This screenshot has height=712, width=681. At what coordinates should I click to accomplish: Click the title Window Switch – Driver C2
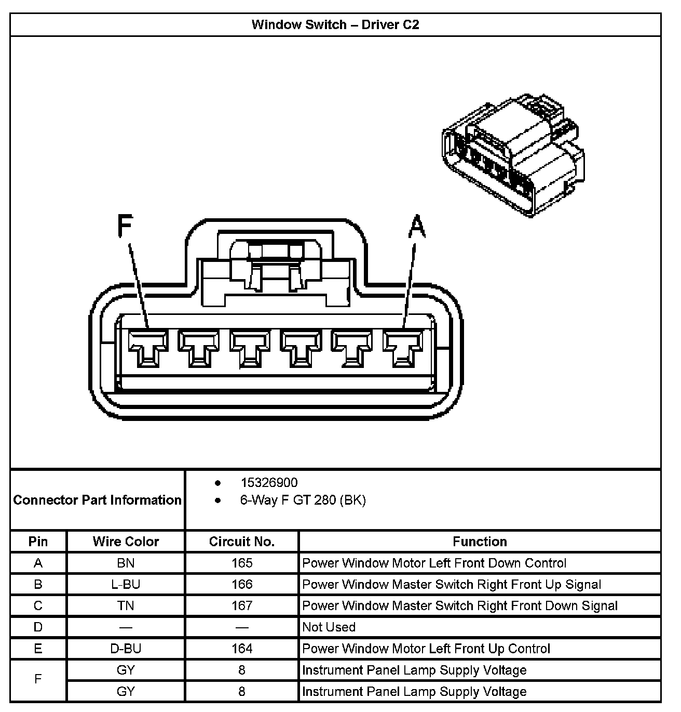point(335,24)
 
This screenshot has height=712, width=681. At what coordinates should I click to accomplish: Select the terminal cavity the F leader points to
point(148,347)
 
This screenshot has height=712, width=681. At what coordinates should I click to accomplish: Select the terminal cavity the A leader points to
point(402,347)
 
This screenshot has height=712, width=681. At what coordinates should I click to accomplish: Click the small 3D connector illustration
point(513,155)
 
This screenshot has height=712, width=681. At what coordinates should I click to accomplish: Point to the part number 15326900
point(269,483)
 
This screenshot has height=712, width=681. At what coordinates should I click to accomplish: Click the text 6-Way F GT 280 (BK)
point(303,500)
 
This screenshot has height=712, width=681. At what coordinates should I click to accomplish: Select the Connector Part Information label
point(97,500)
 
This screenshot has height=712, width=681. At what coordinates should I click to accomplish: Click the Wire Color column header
point(126,542)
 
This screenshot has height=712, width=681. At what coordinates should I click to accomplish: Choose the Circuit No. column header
point(241,542)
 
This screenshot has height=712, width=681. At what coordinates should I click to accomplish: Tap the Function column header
point(480,542)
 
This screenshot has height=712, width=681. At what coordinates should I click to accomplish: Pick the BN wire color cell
point(126,563)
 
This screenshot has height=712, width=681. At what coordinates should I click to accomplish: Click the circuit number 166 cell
point(241,584)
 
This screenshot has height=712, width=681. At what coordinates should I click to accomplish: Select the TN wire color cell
point(126,605)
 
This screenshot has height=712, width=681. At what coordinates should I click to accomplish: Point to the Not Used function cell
point(329,627)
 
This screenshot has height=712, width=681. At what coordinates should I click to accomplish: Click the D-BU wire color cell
point(126,649)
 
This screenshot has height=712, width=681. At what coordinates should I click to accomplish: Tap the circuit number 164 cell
point(241,649)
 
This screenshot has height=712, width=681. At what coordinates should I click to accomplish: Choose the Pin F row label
point(38,680)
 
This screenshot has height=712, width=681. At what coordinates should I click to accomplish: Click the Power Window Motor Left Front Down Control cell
point(434,563)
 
